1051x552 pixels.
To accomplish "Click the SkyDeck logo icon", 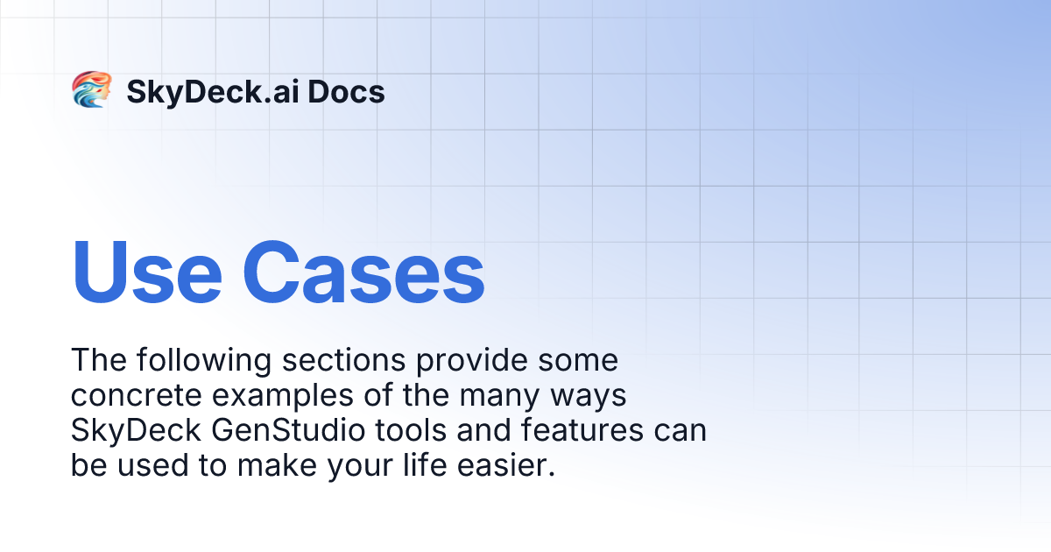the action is point(91,89).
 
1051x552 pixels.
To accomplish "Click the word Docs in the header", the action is point(346,91).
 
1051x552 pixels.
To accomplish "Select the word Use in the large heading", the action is point(146,272).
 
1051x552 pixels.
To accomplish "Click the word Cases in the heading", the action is point(363,272).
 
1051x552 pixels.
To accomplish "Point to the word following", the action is point(204,361).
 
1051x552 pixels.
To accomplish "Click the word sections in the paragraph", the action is point(343,360).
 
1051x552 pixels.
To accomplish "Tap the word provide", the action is point(471,361).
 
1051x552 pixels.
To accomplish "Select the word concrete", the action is point(136,395).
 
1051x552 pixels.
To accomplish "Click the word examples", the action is point(282,396).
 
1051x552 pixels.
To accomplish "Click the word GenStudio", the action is point(288,430).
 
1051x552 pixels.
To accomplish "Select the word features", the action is point(582,430).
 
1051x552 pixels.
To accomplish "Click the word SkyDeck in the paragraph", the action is point(136,431).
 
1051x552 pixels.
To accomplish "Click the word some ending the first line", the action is point(578,361).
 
